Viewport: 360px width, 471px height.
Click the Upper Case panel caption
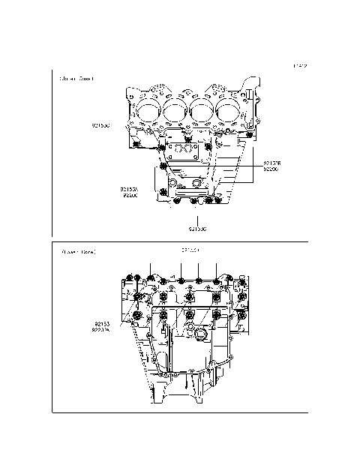tap(77, 78)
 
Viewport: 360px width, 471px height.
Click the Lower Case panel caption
tap(79, 252)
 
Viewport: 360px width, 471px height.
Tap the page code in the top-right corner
tap(300, 66)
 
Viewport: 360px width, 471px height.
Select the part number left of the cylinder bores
tap(100, 125)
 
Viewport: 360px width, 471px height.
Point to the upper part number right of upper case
tap(271, 163)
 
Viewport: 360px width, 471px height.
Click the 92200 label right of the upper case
tap(271, 169)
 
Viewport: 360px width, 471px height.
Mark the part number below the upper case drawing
tap(198, 227)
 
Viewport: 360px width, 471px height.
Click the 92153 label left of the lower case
tap(101, 325)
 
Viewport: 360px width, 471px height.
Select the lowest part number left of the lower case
tap(101, 331)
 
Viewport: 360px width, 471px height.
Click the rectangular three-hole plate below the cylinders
tap(181, 151)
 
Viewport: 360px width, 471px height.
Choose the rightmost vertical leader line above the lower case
tap(216, 271)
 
